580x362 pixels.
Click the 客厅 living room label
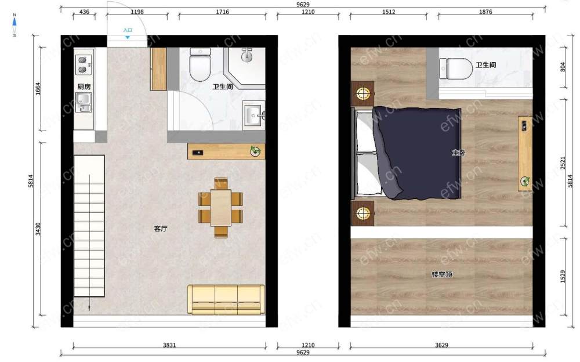[x=161, y=229]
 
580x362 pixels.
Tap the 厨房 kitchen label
[x=84, y=86]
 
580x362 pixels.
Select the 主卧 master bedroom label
[x=459, y=153]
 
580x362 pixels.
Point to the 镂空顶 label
[x=442, y=274]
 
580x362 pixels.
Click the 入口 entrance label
[x=128, y=30]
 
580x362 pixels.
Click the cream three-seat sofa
[x=226, y=299]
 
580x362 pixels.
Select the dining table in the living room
[x=221, y=208]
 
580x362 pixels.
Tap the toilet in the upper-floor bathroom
[x=456, y=68]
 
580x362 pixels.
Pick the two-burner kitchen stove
[x=84, y=65]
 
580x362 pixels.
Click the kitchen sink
[x=84, y=102]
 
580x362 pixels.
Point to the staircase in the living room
[x=89, y=226]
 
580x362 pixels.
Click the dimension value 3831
[x=169, y=345]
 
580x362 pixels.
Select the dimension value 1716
[x=222, y=12]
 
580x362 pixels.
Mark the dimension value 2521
[x=563, y=163]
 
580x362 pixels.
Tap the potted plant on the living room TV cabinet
[x=255, y=151]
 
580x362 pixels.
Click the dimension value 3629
[x=441, y=345]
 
